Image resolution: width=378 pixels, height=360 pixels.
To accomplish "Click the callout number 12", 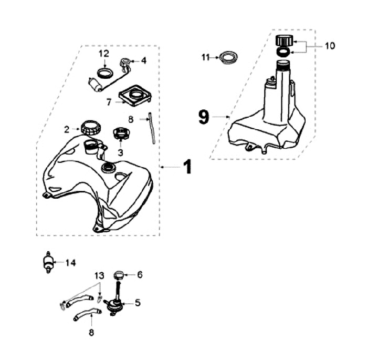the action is [103, 54].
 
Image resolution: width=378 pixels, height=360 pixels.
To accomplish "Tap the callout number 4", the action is [143, 60].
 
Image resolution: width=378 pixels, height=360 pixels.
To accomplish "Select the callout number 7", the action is [108, 102].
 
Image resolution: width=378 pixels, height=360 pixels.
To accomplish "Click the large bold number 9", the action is [204, 116].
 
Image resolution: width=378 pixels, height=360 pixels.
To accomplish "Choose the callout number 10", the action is [329, 46].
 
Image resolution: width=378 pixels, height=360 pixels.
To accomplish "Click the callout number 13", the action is [100, 276].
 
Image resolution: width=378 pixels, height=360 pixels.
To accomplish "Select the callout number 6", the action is [139, 274].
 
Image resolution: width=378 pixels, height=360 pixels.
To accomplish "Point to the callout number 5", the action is [138, 302].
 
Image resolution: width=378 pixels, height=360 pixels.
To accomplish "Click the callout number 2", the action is [67, 128].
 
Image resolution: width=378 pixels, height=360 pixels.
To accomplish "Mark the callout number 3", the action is [120, 152].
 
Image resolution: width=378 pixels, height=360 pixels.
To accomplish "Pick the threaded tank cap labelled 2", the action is [89, 127].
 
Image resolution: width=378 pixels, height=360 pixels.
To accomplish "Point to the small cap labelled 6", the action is [118, 274].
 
